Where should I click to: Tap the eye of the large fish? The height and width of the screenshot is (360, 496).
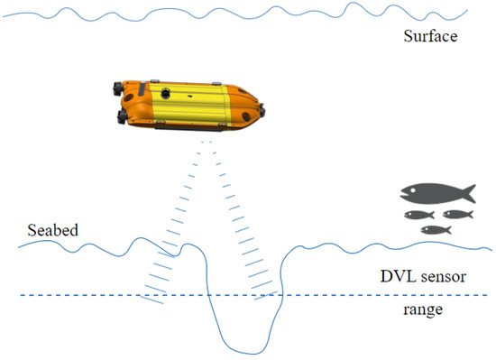click(x=410, y=189)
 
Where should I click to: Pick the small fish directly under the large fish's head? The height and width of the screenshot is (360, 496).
click(x=417, y=215)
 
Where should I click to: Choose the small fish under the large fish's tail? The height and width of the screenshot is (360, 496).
click(x=458, y=215)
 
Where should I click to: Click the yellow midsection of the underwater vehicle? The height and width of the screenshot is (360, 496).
click(x=194, y=107)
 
